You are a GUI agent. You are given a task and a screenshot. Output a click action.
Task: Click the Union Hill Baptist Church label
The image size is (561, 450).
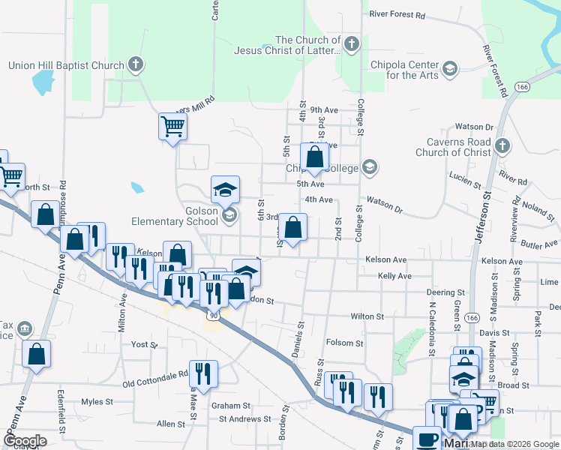tap(65, 65)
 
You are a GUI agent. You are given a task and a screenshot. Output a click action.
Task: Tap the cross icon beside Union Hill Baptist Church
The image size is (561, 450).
tap(136, 64)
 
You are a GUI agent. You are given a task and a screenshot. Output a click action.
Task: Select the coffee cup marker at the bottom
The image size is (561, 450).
tap(427, 439)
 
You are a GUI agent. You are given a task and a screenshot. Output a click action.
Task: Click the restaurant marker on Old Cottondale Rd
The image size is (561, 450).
tap(203, 373)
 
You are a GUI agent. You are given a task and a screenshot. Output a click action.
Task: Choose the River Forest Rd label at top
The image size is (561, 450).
tap(397, 14)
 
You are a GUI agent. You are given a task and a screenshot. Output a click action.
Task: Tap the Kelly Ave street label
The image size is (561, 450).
tap(394, 276)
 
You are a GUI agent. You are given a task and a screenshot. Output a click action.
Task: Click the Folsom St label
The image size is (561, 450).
tap(346, 343)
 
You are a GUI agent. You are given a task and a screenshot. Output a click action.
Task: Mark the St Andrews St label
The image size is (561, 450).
tap(243, 418)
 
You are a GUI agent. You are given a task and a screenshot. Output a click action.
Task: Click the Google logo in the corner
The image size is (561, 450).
tap(25, 441)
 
